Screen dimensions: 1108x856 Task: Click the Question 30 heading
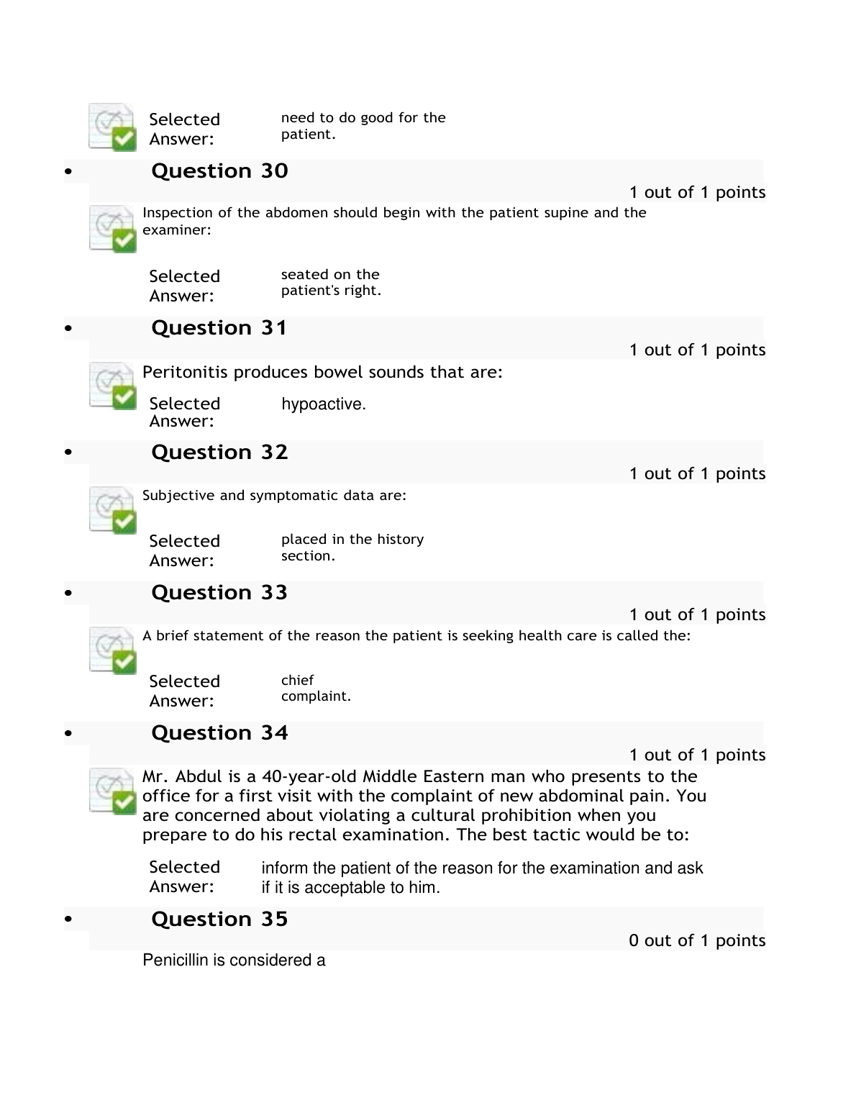coord(219,171)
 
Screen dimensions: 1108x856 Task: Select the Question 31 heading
coord(219,328)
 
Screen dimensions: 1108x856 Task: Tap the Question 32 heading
coord(219,453)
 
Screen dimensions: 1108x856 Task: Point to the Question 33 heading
coord(219,593)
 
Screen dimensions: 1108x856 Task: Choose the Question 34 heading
coord(219,733)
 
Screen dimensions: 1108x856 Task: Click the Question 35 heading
coord(219,919)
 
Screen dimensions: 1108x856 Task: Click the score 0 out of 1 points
coord(696,941)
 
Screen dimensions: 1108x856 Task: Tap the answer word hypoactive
coord(323,404)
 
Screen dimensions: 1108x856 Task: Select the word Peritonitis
coord(186,373)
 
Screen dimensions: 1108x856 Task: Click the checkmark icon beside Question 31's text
coord(112,386)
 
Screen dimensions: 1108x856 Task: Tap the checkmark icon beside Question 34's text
coord(112,791)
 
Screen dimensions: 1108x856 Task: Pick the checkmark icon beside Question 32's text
coord(112,510)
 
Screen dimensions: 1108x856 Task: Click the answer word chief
coord(297,681)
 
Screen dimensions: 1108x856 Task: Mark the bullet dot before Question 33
coord(69,594)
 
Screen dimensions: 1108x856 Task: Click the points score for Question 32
coord(696,474)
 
